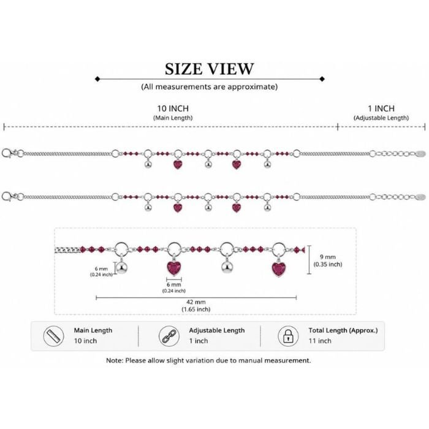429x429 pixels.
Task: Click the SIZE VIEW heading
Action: coord(210,69)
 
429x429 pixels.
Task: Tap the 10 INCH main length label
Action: coord(173,108)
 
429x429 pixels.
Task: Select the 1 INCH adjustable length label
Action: coord(381,108)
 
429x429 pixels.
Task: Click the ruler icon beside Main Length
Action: coord(54,336)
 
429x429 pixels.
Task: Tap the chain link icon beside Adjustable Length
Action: coord(169,336)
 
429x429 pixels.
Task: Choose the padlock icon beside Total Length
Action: coord(288,336)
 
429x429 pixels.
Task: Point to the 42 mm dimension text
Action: coord(196,302)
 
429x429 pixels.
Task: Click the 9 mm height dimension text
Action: coord(328,257)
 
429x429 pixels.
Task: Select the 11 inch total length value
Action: coord(320,341)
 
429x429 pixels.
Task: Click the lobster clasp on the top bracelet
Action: coord(7,153)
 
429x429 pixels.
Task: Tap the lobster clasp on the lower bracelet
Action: coord(7,197)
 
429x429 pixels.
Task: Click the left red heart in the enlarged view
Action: coord(174,268)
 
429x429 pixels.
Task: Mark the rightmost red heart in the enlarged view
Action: coord(278,269)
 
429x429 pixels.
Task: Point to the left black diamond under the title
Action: coord(97,79)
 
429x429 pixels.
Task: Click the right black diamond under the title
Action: coord(322,79)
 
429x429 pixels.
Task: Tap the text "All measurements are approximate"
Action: coord(210,87)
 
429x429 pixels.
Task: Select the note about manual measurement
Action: coord(208,360)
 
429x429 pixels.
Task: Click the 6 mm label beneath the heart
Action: coord(173,285)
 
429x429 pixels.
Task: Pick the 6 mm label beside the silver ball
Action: coord(101,269)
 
